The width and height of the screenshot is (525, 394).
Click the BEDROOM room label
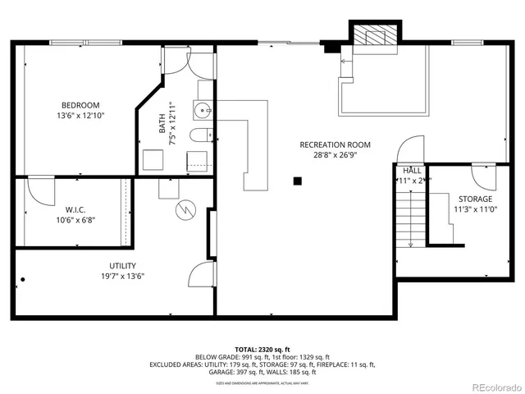pos(80,105)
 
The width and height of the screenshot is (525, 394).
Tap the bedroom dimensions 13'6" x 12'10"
pos(80,116)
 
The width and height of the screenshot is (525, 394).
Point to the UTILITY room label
pos(123,266)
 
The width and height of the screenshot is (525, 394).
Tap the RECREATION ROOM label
pos(329,144)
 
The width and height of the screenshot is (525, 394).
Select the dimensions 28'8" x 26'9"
pos(329,155)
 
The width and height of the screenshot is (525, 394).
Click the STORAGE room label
pos(475,199)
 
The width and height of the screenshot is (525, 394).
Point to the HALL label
pos(412,170)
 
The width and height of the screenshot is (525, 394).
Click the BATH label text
pos(162,124)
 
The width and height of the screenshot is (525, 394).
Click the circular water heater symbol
pos(185,211)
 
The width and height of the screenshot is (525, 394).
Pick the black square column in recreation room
pos(298,181)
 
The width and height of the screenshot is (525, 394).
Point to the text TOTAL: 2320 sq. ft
pos(262,348)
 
